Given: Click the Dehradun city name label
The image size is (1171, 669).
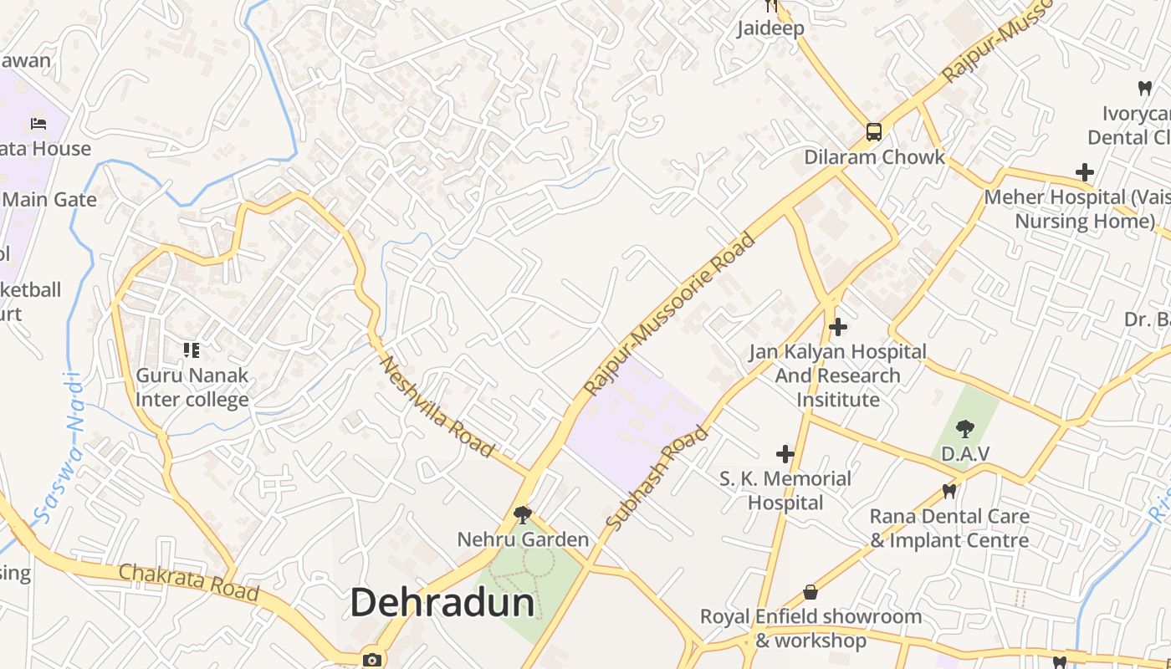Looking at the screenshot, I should (x=442, y=602).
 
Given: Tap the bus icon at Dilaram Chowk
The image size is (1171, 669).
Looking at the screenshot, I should (x=873, y=132).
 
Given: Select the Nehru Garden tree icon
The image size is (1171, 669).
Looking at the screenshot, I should (x=523, y=514).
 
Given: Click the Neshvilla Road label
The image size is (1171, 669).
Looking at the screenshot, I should (x=437, y=407).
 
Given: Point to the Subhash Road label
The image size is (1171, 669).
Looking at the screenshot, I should (x=657, y=478).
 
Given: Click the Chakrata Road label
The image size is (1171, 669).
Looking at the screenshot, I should (x=188, y=582).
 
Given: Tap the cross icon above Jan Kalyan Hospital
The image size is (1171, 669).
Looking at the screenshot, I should (x=837, y=327).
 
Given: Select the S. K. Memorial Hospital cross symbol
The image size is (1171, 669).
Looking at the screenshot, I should (x=785, y=454).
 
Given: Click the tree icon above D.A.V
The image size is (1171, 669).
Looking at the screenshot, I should (x=965, y=429).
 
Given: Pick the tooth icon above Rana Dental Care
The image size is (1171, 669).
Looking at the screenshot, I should (x=949, y=491).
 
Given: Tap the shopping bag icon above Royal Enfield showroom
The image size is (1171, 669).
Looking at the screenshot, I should (x=810, y=592).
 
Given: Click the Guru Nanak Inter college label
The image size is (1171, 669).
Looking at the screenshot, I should (x=192, y=387).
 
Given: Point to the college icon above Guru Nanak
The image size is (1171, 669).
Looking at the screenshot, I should (x=192, y=350).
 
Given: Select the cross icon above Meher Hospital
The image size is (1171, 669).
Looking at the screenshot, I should (x=1085, y=172).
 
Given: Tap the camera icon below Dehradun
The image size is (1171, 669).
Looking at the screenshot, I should (x=372, y=660).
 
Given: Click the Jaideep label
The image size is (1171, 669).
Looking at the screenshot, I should (x=770, y=28).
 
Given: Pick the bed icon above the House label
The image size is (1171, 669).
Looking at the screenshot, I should (x=38, y=124).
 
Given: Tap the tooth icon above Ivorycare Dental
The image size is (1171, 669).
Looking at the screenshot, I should (x=1144, y=87).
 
